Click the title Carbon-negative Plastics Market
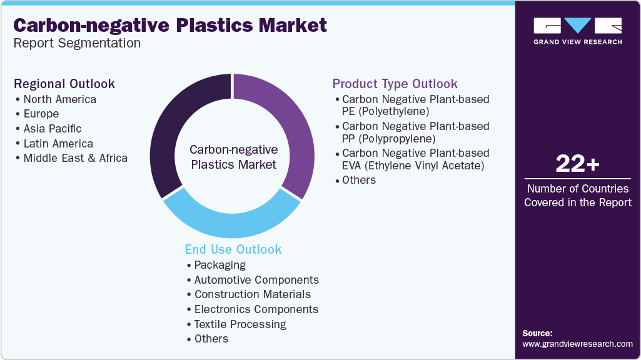click(x=170, y=25)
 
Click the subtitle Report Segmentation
click(x=77, y=43)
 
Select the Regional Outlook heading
click(x=64, y=84)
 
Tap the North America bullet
click(x=59, y=99)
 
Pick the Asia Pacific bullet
click(x=52, y=128)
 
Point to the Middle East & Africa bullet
click(x=75, y=158)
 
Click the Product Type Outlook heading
click(x=395, y=84)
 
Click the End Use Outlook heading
click(x=233, y=249)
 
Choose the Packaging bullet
click(x=220, y=265)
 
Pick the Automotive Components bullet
click(x=256, y=279)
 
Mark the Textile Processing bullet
click(x=240, y=324)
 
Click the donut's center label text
click(x=233, y=157)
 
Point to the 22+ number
click(x=577, y=164)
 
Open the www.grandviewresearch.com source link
click(x=577, y=344)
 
